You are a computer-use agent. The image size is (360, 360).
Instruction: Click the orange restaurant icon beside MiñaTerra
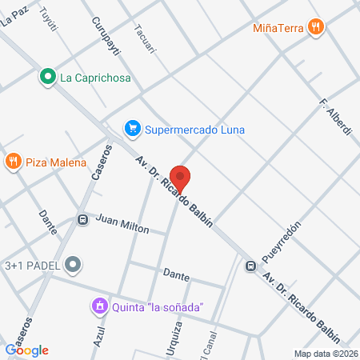click(x=317, y=26)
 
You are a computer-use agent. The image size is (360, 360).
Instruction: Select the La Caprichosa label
click(x=95, y=78)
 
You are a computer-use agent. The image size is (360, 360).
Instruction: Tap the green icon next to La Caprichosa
click(x=47, y=78)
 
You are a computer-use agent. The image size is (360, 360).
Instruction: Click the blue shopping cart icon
click(x=131, y=128)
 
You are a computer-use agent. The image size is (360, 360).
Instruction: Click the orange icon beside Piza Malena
click(x=13, y=162)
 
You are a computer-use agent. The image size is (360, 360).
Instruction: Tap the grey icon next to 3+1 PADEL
click(x=74, y=262)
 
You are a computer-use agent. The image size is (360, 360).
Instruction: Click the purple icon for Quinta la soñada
click(x=99, y=306)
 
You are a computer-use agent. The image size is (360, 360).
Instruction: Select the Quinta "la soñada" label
click(x=158, y=306)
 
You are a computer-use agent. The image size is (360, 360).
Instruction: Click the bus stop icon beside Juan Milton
click(x=82, y=219)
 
